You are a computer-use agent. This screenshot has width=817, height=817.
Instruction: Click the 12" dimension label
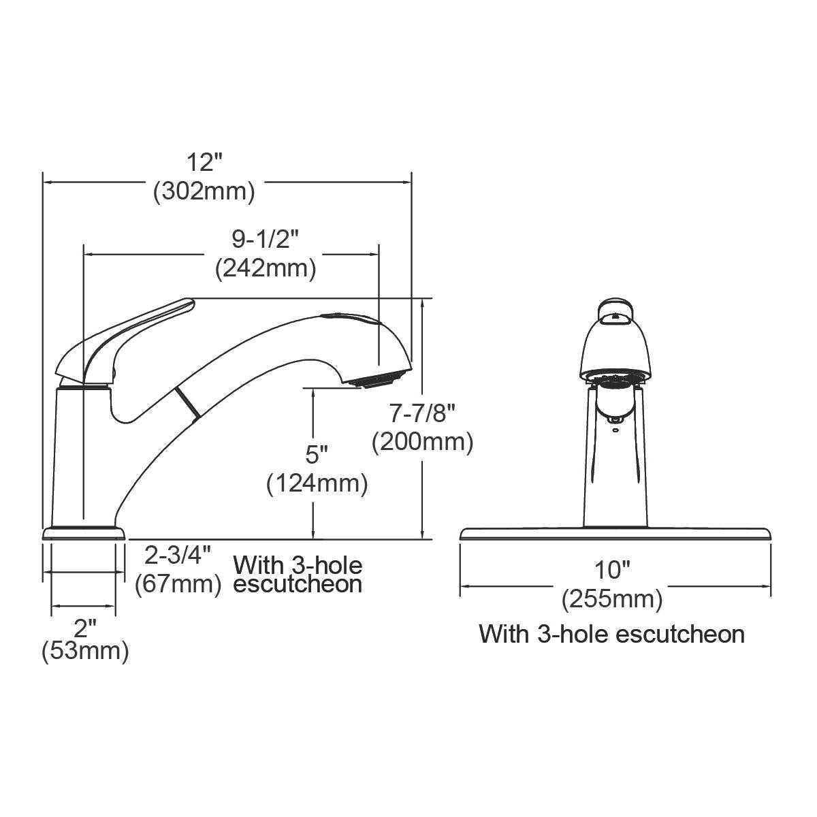pyautogui.click(x=205, y=163)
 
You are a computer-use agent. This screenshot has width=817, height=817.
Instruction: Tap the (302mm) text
pyautogui.click(x=204, y=192)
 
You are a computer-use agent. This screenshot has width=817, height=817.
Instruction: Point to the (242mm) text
pyautogui.click(x=266, y=268)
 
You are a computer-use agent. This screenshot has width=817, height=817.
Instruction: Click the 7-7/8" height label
pyautogui.click(x=422, y=413)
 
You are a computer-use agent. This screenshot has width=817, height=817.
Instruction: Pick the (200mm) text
pyautogui.click(x=422, y=443)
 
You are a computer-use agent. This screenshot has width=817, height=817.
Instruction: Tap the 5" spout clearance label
pyautogui.click(x=317, y=453)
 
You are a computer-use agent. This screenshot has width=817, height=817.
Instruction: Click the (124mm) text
pyautogui.click(x=317, y=483)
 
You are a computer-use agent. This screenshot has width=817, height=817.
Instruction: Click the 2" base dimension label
pyautogui.click(x=85, y=625)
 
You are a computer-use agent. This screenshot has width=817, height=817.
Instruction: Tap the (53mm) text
pyautogui.click(x=85, y=652)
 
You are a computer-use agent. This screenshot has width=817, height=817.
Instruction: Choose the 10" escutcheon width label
pyautogui.click(x=612, y=569)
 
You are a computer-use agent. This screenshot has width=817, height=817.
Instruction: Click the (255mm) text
pyautogui.click(x=612, y=599)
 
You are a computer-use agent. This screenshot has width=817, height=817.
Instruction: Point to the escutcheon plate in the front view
pyautogui.click(x=615, y=533)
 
